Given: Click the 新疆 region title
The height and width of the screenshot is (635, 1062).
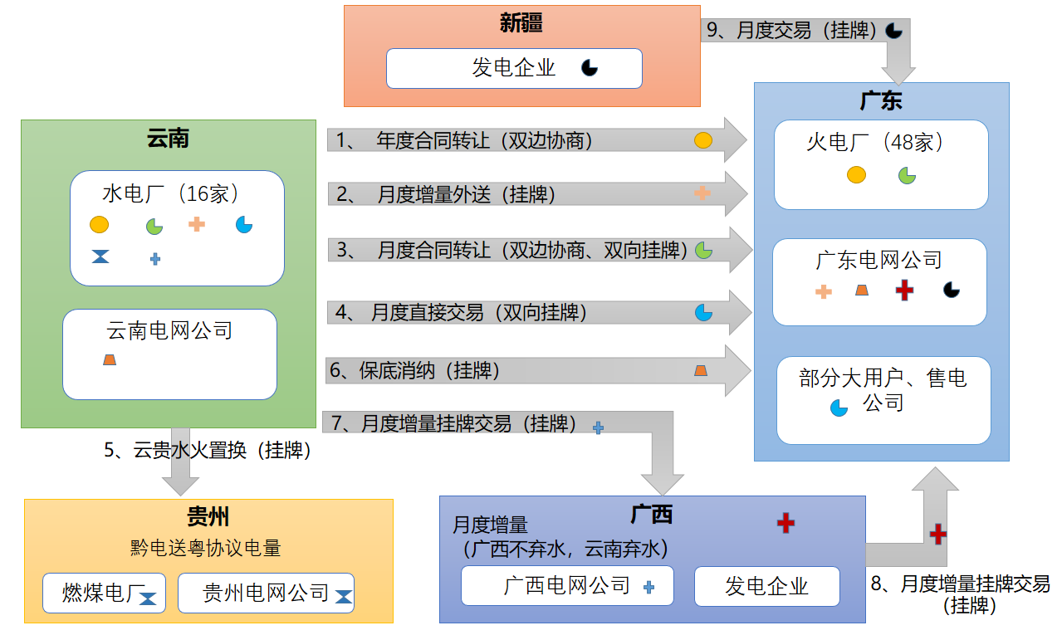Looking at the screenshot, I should click(521, 23).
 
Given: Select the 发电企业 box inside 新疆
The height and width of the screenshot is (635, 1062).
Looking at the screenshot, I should click(514, 68).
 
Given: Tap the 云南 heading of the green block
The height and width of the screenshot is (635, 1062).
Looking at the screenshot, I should click(168, 138).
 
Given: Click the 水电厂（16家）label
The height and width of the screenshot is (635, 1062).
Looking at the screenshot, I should click(171, 194).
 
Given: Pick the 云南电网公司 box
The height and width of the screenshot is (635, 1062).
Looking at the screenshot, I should click(169, 354).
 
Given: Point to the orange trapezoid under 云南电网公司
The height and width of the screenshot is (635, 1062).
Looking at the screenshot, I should click(109, 359).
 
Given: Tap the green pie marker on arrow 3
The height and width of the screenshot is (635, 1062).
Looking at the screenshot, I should click(703, 250).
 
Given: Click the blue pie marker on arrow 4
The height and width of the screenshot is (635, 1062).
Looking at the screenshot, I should click(703, 312).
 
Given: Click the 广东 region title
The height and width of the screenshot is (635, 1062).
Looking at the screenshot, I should click(881, 101).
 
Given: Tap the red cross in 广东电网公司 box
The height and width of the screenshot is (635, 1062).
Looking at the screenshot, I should click(905, 291).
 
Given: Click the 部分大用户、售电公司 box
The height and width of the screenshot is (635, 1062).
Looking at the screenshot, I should click(883, 400).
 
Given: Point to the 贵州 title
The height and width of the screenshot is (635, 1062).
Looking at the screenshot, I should click(208, 517).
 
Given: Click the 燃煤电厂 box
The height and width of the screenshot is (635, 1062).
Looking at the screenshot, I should click(104, 593).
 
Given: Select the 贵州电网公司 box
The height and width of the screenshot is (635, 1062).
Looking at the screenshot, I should click(266, 593).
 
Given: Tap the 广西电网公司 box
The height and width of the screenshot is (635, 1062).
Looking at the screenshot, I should click(567, 586).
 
